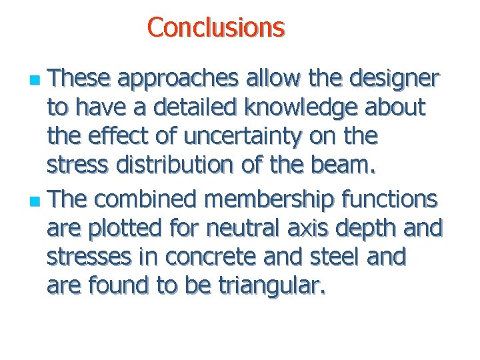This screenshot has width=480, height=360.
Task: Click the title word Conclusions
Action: click(x=216, y=27)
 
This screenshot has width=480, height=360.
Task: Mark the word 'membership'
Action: click(x=269, y=199)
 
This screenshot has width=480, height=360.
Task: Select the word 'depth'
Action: click(x=372, y=228)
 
